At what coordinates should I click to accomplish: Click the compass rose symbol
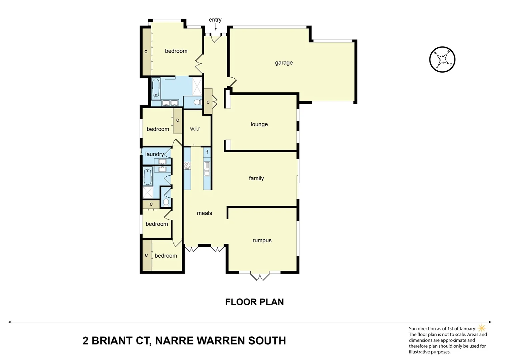point(442,60)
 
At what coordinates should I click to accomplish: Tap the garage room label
point(284,63)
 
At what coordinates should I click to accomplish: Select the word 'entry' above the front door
point(215,20)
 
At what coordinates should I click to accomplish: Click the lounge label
point(259,124)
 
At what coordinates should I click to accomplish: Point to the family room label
point(256,178)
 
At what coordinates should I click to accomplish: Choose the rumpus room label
point(262,240)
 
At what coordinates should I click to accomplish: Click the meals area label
point(204,213)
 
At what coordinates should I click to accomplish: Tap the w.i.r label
point(195,129)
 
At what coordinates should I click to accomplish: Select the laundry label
point(154,154)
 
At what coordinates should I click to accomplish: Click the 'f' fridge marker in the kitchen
point(207,152)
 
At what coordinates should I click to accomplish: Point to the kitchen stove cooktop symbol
point(187,165)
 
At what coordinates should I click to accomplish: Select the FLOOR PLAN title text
point(254,302)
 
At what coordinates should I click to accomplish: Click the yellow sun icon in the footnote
point(482,328)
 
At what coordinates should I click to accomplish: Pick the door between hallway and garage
point(233,81)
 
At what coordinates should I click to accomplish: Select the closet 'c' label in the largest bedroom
point(146,52)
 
